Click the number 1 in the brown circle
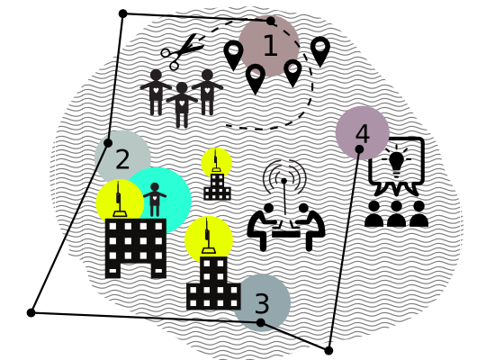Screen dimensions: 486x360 tap(270, 45)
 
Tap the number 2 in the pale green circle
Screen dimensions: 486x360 tap(122, 159)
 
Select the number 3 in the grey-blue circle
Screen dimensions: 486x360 tap(262, 303)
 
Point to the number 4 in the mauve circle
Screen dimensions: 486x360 tap(363, 134)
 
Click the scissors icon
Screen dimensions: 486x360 tap(183, 51)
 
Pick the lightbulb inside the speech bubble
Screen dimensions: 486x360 tap(396, 161)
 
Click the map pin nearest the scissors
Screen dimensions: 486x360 tap(233, 55)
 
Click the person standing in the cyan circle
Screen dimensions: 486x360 tap(155, 200)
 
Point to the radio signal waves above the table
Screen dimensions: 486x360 tap(284, 175)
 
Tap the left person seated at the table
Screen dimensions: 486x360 tap(262, 226)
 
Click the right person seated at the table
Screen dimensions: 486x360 tap(309, 226)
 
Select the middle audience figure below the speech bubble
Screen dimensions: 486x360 tap(396, 213)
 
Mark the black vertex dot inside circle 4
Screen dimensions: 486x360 tap(359, 149)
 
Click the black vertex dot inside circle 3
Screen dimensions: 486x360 tap(261, 322)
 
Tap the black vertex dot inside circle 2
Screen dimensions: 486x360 tap(108, 143)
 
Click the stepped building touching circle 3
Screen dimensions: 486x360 tap(213, 283)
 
